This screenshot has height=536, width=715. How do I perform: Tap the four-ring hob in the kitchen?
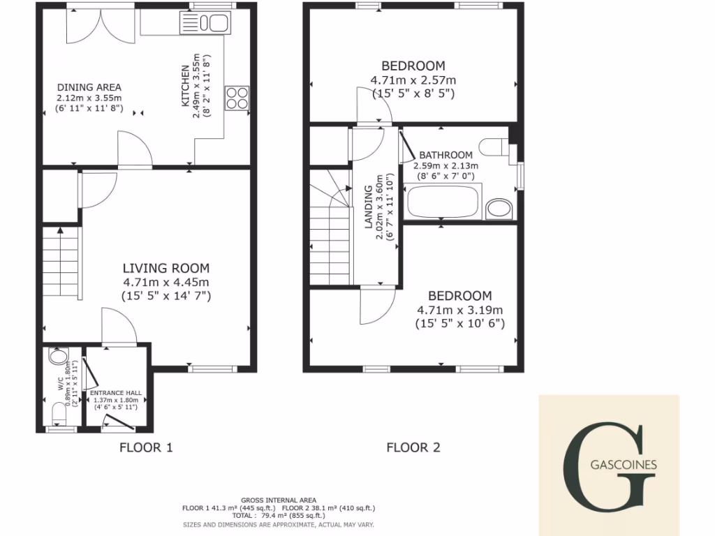coord(237,97)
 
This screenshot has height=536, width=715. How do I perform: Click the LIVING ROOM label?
coord(166,268)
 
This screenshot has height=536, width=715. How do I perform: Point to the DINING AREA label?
coord(89,87)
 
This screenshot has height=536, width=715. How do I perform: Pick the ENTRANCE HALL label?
coord(116,393)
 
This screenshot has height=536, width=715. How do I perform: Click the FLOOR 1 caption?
coord(146,447)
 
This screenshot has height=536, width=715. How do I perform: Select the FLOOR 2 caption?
coord(413,447)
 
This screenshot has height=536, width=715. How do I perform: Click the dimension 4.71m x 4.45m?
coord(166,283)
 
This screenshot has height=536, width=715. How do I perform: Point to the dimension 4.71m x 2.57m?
coord(413,80)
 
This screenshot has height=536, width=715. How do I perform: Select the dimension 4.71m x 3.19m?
coord(460,310)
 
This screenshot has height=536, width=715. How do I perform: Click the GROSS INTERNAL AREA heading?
coord(279,500)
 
